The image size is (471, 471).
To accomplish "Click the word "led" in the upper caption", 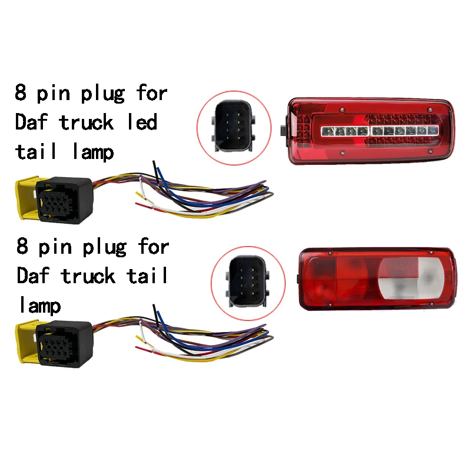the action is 142,122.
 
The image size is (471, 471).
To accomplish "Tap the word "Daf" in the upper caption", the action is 32,122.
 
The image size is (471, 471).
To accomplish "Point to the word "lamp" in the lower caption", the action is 39,305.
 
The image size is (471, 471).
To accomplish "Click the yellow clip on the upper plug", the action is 26,199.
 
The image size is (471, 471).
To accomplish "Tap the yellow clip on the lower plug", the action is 26,345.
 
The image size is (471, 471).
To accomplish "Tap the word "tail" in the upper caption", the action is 37,152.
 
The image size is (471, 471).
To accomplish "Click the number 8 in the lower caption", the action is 22,246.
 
